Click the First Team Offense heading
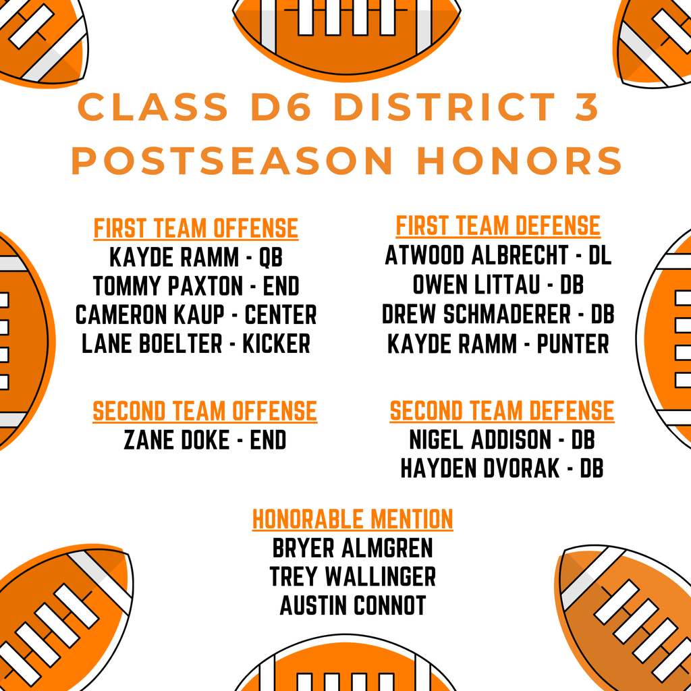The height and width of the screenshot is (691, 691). pos(196,229)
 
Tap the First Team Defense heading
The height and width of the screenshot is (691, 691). pos(498,225)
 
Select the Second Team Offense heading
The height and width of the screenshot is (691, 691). pos(204,411)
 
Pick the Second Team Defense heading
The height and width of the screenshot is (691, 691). pos(502,411)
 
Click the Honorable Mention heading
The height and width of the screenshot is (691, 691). pos(352,520)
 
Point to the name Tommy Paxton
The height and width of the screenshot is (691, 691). pos(167,286)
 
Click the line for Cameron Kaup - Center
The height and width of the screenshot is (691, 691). pos(196,315)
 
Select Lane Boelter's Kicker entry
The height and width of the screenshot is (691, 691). pos(196,344)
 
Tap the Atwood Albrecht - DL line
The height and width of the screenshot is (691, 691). pos(498,256)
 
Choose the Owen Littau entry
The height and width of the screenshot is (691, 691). pos(498,285)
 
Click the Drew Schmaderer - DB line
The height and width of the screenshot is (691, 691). pos(498,314)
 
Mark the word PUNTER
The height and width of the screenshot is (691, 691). pos(573,344)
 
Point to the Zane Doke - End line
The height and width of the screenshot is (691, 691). pos(204,441)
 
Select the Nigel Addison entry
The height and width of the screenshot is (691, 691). pos(502,440)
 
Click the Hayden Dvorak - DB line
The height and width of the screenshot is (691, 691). pos(502,468)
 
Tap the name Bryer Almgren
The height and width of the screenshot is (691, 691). pos(352,547)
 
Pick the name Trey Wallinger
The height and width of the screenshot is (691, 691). pos(352,576)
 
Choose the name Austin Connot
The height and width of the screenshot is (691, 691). pos(352,605)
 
